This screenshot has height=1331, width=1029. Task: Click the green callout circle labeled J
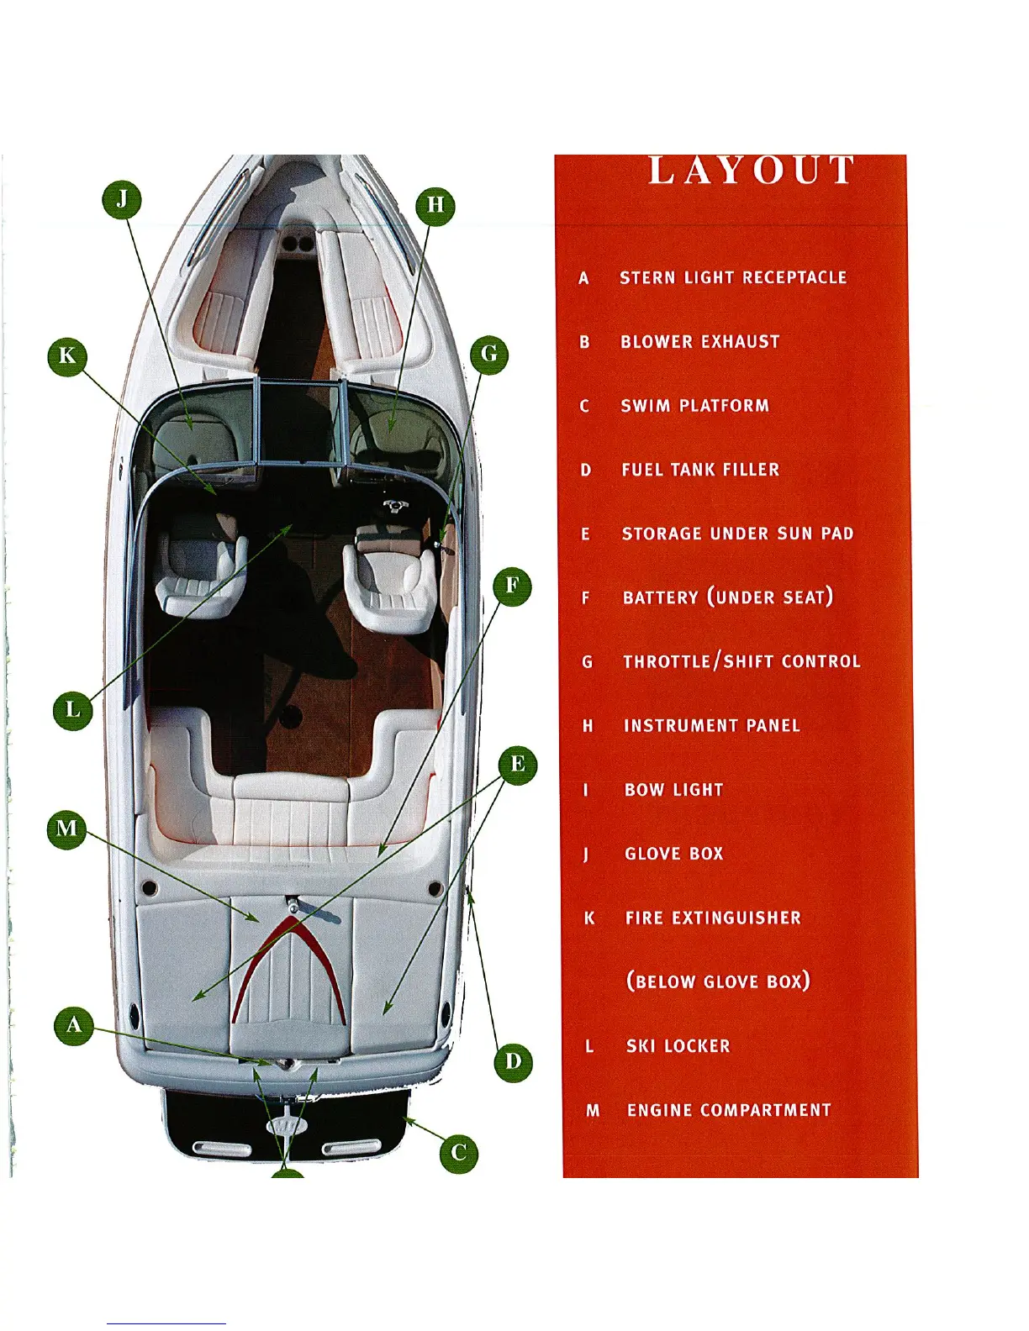click(x=122, y=200)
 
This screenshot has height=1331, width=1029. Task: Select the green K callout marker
click(x=67, y=355)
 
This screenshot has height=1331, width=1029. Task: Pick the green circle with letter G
click(x=489, y=355)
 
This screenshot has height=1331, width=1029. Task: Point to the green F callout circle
click(x=512, y=587)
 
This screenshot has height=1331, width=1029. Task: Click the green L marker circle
click(x=73, y=710)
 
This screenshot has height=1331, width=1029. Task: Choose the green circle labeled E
click(x=517, y=765)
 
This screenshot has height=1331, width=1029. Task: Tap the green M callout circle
click(x=66, y=829)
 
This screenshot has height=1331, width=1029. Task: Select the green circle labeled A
click(x=74, y=1026)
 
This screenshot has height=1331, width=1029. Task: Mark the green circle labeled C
click(x=459, y=1152)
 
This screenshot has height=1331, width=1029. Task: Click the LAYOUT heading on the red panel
click(x=752, y=171)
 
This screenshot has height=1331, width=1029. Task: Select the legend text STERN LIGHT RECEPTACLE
click(x=733, y=278)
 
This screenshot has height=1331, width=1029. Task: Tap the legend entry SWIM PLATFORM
click(x=694, y=406)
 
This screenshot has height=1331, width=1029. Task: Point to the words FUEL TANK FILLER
click(x=700, y=470)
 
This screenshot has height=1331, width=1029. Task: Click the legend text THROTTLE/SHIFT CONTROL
click(x=741, y=662)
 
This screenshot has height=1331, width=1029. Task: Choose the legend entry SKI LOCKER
click(x=678, y=1046)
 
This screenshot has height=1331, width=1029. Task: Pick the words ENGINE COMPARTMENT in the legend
click(x=729, y=1111)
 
